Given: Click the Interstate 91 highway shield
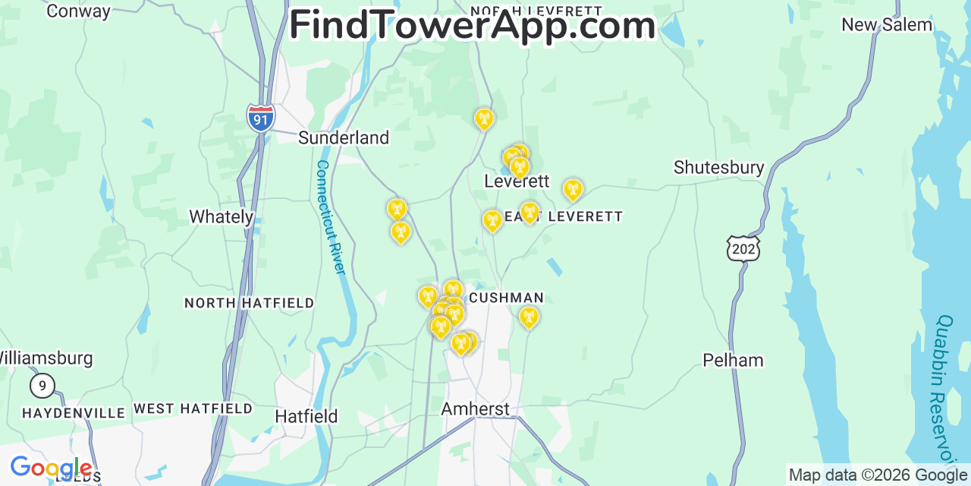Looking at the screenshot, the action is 260,118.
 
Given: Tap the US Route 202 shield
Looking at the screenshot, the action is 743,248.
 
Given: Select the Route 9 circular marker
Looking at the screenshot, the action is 42,386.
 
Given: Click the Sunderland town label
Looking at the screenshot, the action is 343,137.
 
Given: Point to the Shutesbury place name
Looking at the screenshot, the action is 718,168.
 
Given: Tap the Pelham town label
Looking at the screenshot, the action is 733,360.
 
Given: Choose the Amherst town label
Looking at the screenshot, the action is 476,409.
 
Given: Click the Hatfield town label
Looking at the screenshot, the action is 306,416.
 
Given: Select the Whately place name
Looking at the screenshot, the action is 221,216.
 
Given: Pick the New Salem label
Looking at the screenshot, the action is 887,25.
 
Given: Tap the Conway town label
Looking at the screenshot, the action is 78,11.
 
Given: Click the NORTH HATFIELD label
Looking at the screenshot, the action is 249,303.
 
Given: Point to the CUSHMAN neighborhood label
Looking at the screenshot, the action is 506,298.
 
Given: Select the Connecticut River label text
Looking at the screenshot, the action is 331,217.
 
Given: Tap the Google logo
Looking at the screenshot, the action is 50,468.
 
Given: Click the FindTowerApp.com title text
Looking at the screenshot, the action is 472,26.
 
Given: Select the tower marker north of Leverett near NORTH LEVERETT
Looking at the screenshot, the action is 484,119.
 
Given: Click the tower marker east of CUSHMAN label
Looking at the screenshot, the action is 529,317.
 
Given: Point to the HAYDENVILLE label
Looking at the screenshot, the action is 74,413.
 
